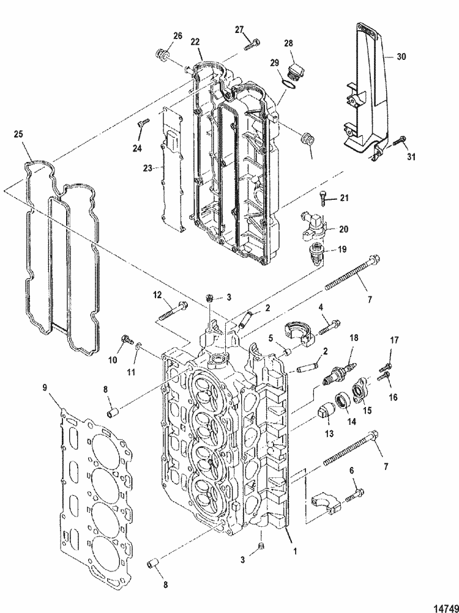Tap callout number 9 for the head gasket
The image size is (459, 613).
pyautogui.click(x=45, y=387)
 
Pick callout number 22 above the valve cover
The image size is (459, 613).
pyautogui.click(x=195, y=41)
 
